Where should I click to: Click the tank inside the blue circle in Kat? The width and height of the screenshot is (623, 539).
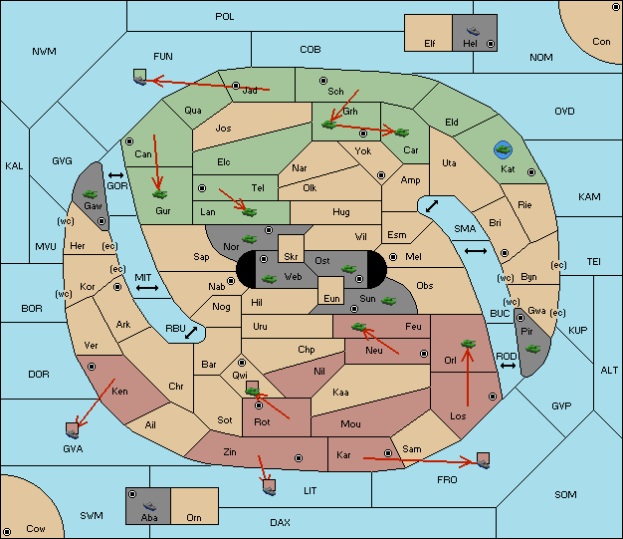[504, 149]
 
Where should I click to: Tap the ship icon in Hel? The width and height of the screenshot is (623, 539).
[473, 31]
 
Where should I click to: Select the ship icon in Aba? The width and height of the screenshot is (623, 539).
[150, 505]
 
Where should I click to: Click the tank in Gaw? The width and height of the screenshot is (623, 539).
[91, 194]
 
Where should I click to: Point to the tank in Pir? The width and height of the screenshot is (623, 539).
[532, 349]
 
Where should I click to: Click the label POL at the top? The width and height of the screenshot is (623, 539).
[225, 17]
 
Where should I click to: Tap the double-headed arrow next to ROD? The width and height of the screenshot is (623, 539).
[508, 366]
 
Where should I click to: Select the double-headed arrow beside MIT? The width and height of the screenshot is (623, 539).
[147, 288]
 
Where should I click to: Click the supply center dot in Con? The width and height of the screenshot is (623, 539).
[615, 7]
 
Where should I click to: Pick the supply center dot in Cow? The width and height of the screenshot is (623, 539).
[7, 532]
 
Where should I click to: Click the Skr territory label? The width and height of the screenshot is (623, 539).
[291, 257]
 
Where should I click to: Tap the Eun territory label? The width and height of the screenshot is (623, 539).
[331, 298]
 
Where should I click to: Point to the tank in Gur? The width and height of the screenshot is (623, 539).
[160, 194]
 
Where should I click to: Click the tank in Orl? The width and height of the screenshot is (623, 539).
[468, 344]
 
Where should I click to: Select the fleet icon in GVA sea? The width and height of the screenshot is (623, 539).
[73, 430]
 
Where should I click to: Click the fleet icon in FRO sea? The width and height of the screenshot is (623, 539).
[483, 460]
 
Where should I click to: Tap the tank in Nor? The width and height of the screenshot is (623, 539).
[250, 239]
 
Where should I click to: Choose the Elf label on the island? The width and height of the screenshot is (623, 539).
[430, 43]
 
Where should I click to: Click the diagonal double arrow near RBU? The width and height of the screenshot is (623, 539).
[191, 333]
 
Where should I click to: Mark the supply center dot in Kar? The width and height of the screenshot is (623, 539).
[388, 453]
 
